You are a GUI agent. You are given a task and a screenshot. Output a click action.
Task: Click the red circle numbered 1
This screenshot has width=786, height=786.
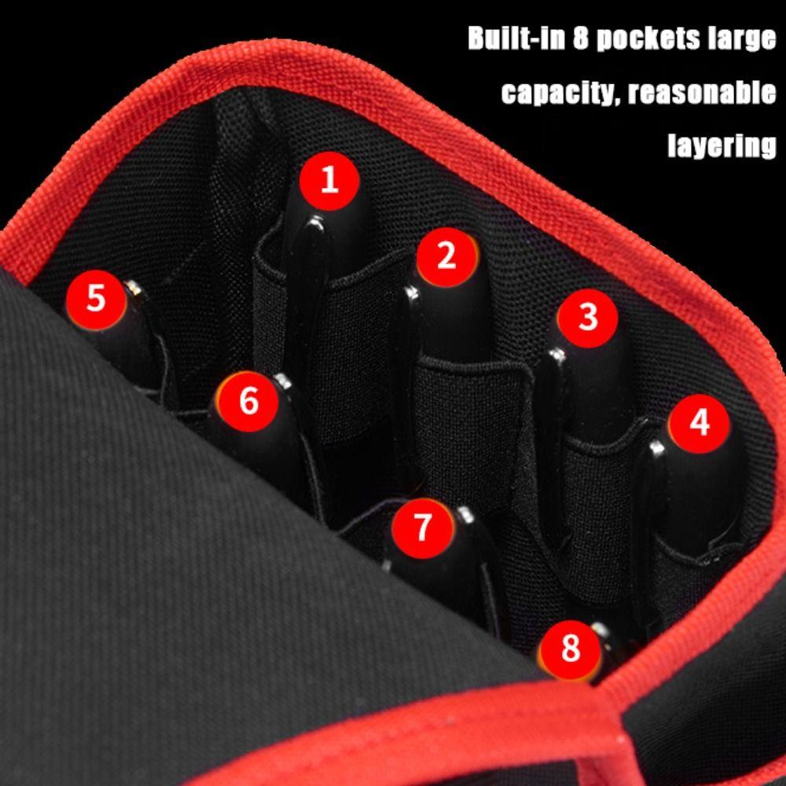(x=329, y=181)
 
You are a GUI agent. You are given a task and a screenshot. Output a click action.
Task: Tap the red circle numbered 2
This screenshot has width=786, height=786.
(x=446, y=256)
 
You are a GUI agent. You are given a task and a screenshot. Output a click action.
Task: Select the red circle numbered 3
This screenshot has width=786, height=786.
(x=588, y=318)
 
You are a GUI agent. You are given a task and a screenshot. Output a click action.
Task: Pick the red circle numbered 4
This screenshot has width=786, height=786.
(x=699, y=423)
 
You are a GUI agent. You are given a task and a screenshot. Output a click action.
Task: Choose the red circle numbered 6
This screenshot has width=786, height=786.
(x=248, y=402)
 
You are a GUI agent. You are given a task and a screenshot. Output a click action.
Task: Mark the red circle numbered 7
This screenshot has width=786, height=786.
(x=423, y=527)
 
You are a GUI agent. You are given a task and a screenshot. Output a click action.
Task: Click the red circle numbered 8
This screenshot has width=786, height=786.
(x=570, y=649)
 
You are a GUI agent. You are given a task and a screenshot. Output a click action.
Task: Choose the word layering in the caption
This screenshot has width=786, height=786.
(x=722, y=145)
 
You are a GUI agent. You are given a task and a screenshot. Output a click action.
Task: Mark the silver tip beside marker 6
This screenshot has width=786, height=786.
(x=284, y=381)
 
